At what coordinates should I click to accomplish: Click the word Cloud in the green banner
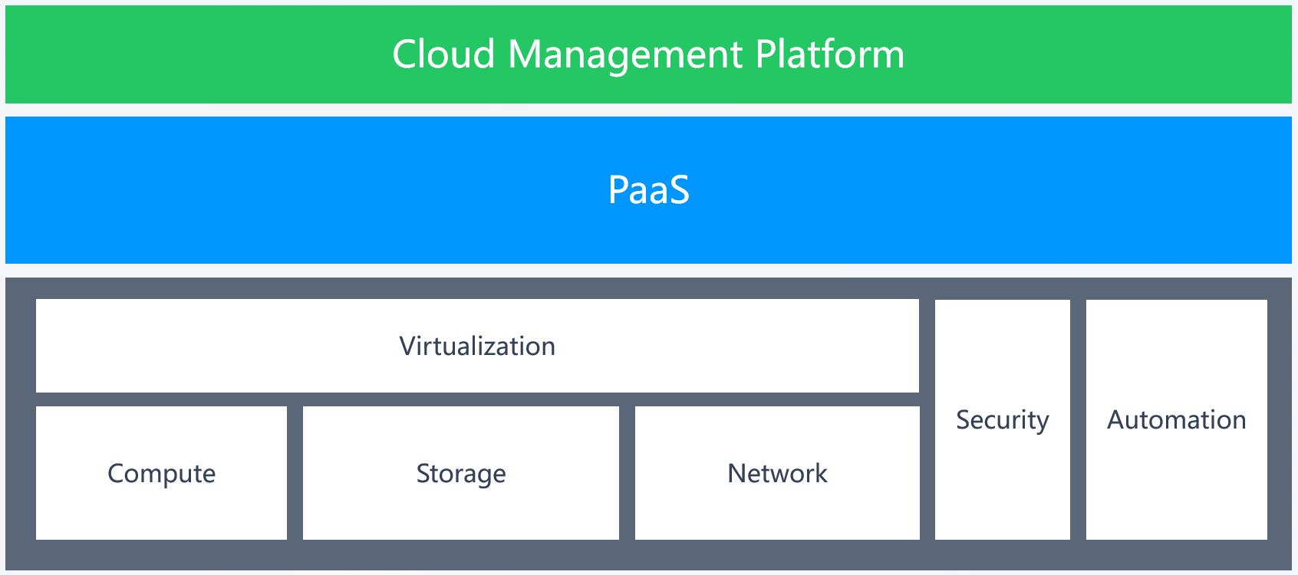[x=443, y=54]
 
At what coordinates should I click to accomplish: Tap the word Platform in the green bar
[x=830, y=54]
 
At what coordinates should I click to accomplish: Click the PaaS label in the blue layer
[x=649, y=189]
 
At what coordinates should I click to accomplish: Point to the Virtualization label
[x=477, y=346]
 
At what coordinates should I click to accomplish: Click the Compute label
[x=162, y=475]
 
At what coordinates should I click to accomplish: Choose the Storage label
[x=461, y=475]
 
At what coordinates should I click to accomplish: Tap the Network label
[x=778, y=473]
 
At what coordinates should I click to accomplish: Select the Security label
[x=1003, y=420]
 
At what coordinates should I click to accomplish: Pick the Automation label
[x=1177, y=419]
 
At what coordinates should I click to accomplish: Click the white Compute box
[x=162, y=473]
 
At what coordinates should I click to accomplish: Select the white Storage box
[x=461, y=473]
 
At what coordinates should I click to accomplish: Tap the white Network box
[x=778, y=473]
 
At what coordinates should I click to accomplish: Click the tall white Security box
[x=1003, y=420]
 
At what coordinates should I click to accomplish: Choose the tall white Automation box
[x=1177, y=420]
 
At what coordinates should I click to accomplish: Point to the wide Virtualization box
[x=477, y=346]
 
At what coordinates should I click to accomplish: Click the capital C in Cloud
[x=406, y=54]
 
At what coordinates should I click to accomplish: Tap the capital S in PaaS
[x=679, y=189]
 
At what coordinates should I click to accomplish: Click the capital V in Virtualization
[x=409, y=346]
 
